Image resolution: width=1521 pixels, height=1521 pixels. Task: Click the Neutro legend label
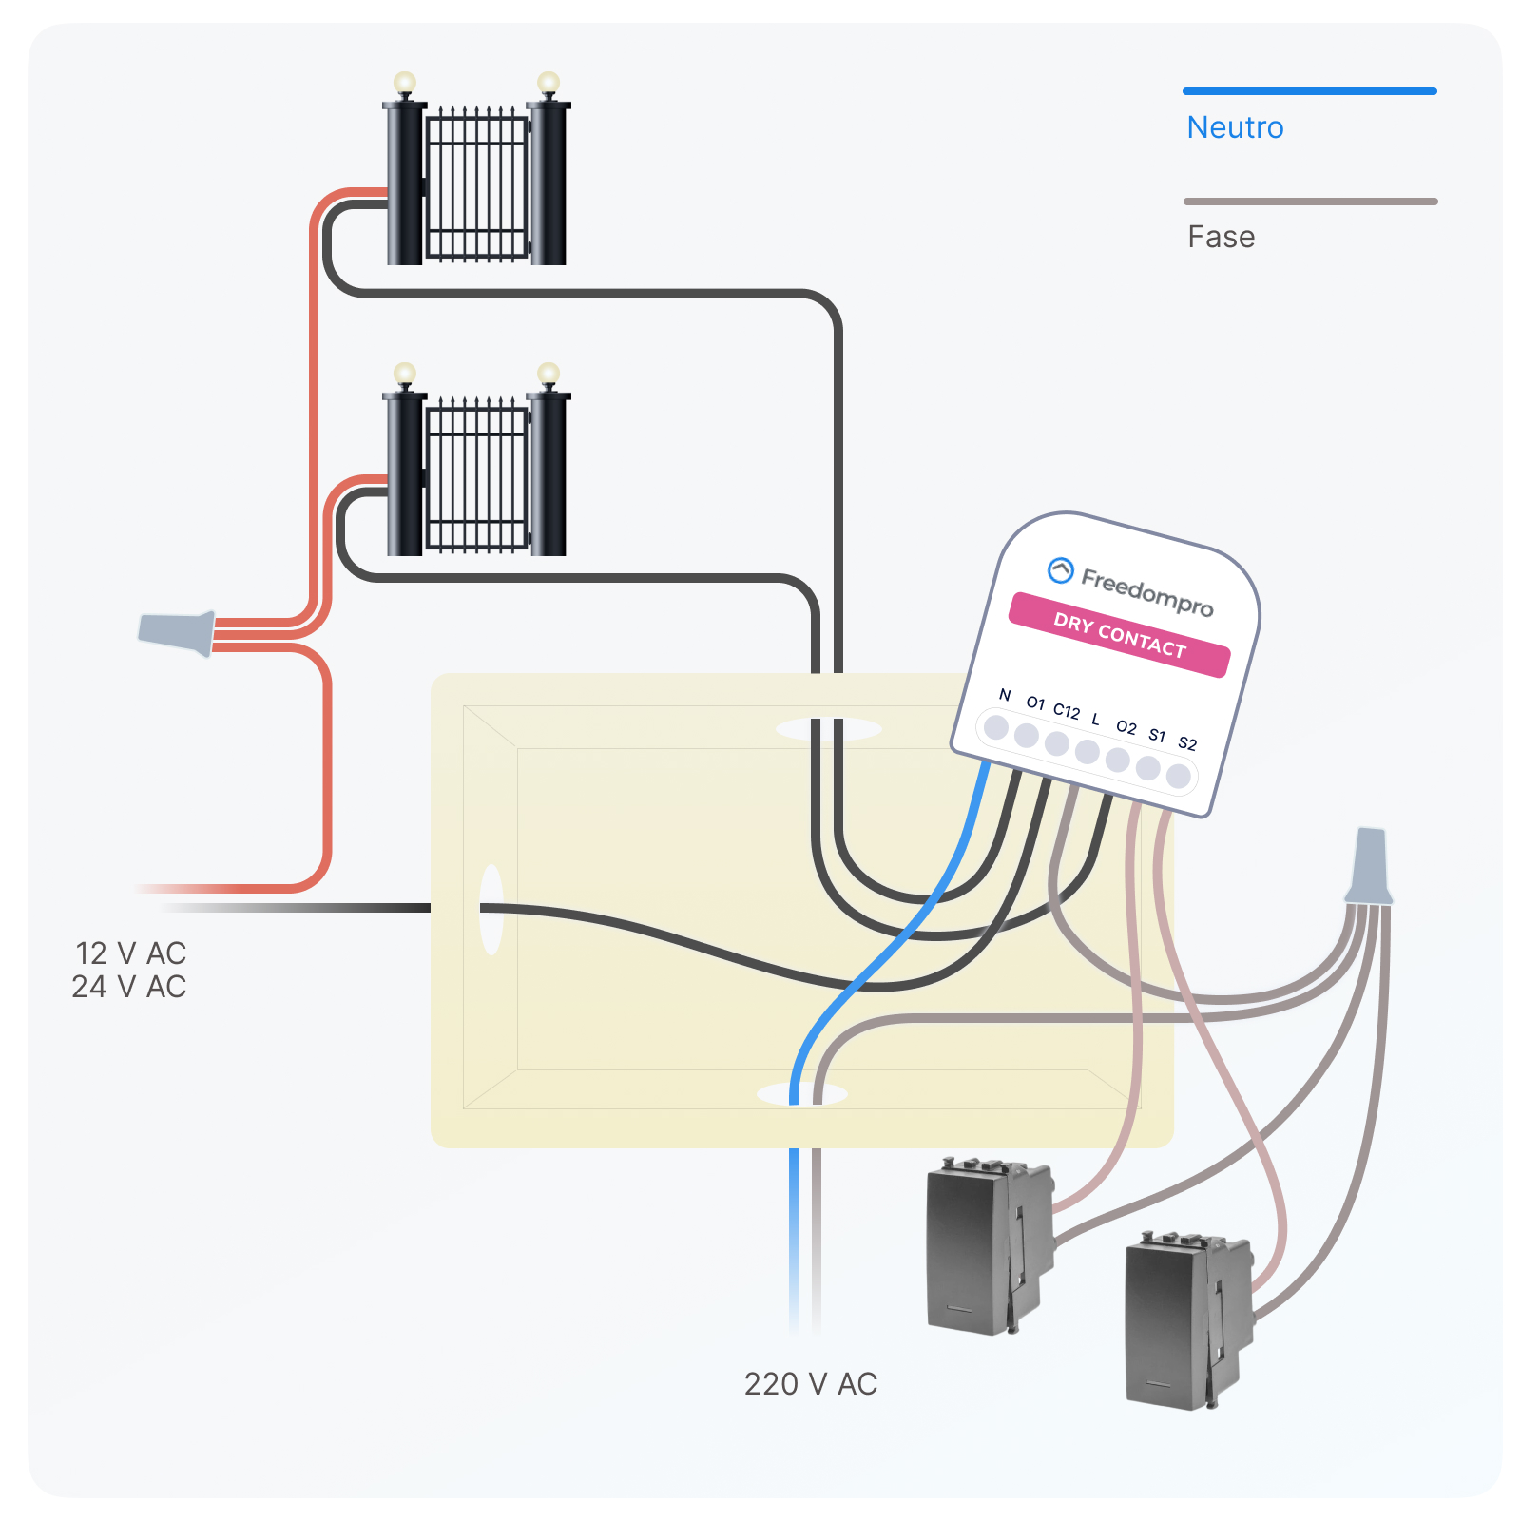(1235, 127)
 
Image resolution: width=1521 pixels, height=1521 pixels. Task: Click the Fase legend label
(1221, 237)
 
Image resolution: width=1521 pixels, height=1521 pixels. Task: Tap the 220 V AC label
(810, 1384)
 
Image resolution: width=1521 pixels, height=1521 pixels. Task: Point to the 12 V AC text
(130, 953)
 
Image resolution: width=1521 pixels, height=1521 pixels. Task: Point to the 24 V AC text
(128, 987)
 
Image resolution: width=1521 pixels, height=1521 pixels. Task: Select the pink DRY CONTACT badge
(1119, 635)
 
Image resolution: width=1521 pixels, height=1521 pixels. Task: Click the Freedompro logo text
(1146, 591)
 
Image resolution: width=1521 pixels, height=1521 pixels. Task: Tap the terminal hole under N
(996, 727)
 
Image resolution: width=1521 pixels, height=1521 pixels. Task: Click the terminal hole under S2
(1178, 776)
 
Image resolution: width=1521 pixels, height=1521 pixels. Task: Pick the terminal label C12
(1067, 711)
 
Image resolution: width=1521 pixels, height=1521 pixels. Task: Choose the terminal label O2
(1126, 727)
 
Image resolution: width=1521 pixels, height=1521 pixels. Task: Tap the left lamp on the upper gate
(405, 83)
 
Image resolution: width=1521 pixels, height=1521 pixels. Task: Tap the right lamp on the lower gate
(549, 373)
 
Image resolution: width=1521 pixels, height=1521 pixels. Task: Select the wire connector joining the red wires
(179, 632)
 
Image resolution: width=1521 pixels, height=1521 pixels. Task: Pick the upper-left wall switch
(989, 1245)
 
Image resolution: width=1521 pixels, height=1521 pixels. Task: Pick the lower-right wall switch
(1185, 1321)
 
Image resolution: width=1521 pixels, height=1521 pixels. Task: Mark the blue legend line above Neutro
(1309, 91)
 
